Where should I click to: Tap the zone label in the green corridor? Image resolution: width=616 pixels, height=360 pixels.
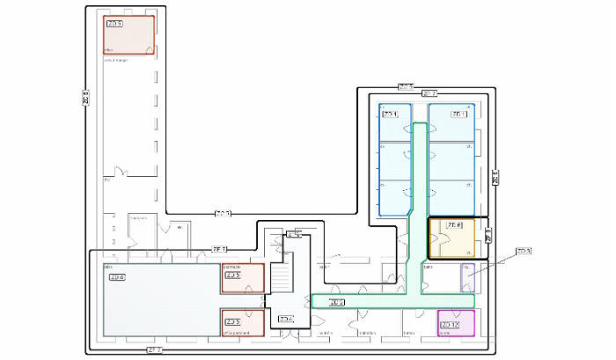tap(336, 303)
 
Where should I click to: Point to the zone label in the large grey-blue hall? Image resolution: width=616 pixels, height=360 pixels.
tap(117, 277)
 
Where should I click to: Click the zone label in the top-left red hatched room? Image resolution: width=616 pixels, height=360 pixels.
tap(114, 24)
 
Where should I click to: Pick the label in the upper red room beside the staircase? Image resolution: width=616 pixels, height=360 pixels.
tap(233, 276)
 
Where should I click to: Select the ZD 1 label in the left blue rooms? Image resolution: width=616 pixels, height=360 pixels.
tap(390, 114)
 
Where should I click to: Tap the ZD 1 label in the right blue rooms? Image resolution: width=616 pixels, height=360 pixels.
tap(458, 114)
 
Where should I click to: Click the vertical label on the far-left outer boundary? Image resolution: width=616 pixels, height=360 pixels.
tap(85, 99)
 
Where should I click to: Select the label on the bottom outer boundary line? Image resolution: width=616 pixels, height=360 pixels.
tap(153, 350)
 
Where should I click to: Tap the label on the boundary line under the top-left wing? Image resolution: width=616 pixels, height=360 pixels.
tap(223, 213)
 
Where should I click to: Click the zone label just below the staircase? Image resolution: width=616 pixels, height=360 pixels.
tap(285, 319)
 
